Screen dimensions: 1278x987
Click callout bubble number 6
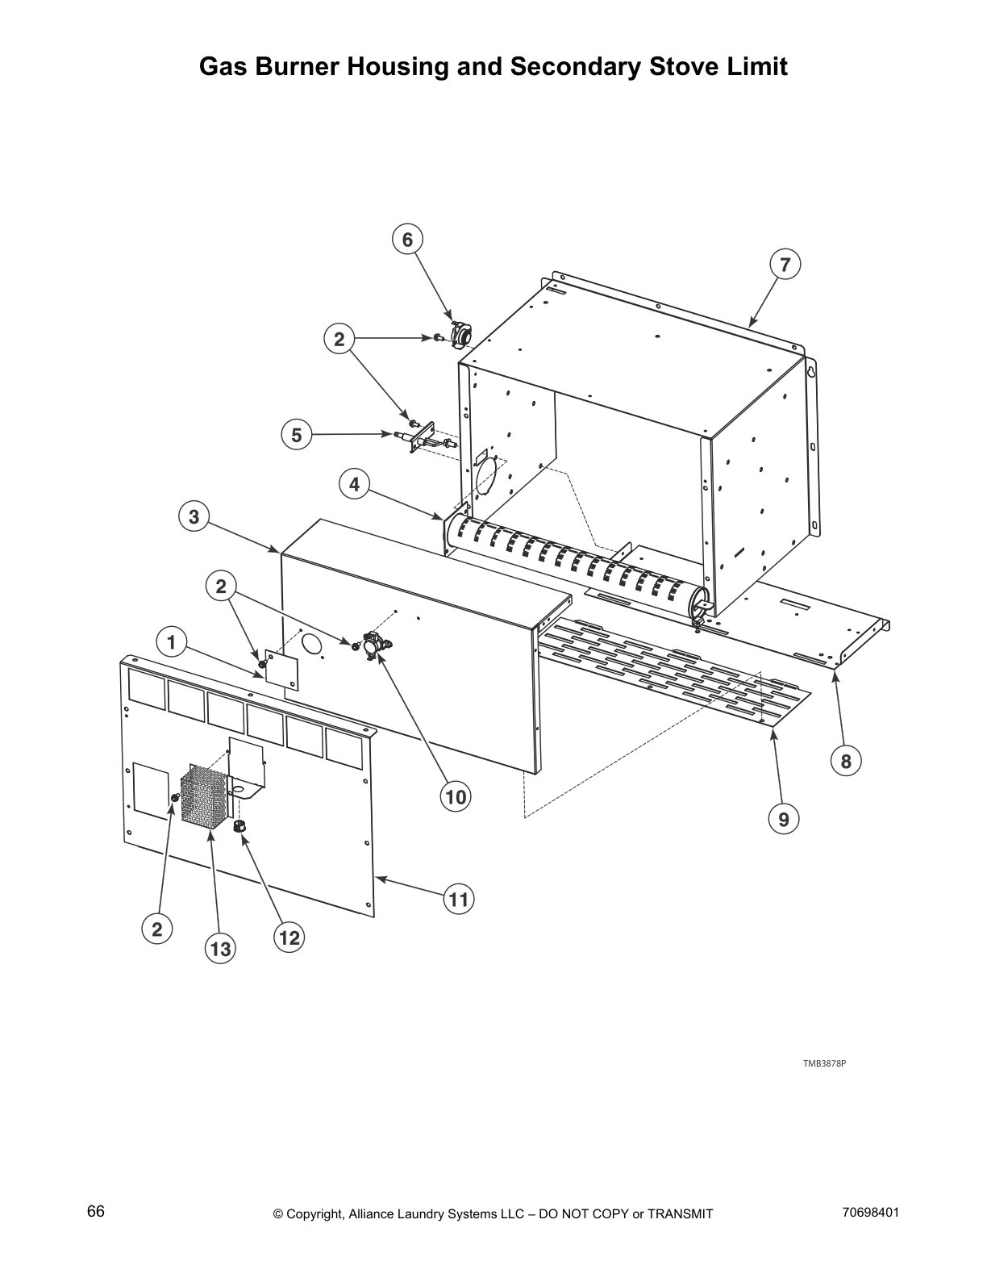(x=407, y=240)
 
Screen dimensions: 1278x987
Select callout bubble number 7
(x=785, y=265)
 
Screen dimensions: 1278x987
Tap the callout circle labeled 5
(x=296, y=436)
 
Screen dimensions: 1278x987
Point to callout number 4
(x=354, y=485)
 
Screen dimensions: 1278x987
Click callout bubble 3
(x=194, y=516)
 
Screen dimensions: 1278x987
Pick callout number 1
(x=170, y=643)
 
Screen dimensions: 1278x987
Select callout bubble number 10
(x=456, y=797)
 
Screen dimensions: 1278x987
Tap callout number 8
(x=845, y=760)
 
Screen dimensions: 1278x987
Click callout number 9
(x=783, y=820)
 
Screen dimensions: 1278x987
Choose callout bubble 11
(x=458, y=899)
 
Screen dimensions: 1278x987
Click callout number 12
(x=288, y=937)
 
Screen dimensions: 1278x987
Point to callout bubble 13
(x=220, y=949)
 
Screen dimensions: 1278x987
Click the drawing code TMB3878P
(x=823, y=1063)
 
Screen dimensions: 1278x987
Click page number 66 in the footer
(x=96, y=1213)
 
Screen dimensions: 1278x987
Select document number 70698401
(x=870, y=1213)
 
